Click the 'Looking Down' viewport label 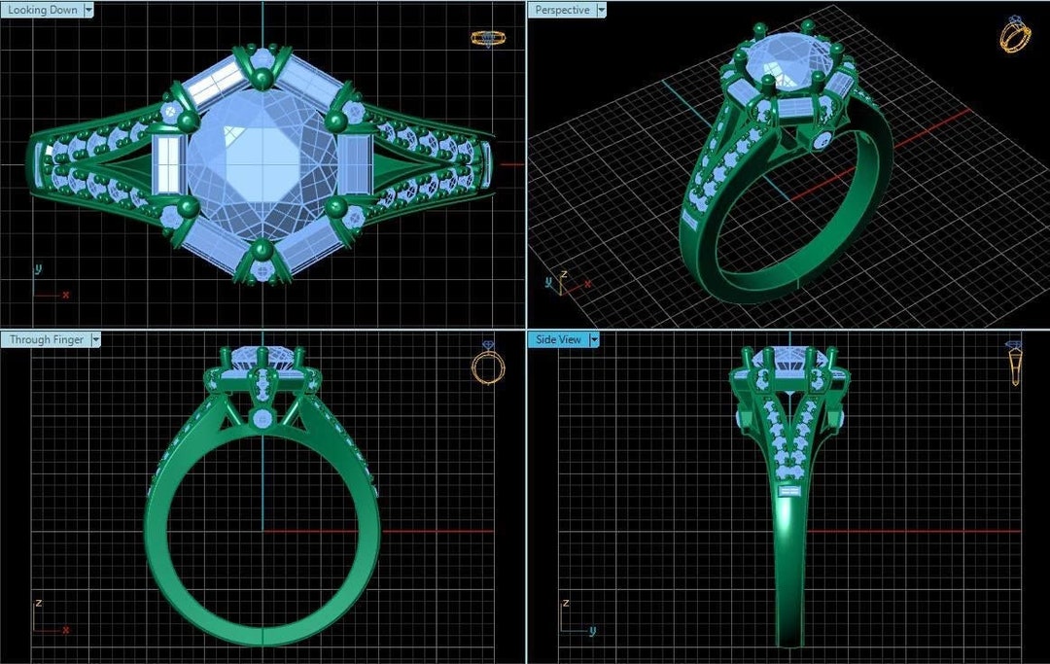42,10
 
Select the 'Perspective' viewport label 563,10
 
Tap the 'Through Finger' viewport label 45,339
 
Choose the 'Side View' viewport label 557,339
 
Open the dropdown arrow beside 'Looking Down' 88,10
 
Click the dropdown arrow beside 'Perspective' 600,10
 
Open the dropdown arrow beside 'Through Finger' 94,339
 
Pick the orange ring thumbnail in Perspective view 1014,36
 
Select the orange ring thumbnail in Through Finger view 488,366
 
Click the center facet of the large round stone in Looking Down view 262,160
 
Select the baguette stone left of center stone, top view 167,163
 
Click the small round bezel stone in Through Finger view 262,418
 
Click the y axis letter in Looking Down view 38,268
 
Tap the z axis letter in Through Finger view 38,603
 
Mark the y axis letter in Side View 591,631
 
